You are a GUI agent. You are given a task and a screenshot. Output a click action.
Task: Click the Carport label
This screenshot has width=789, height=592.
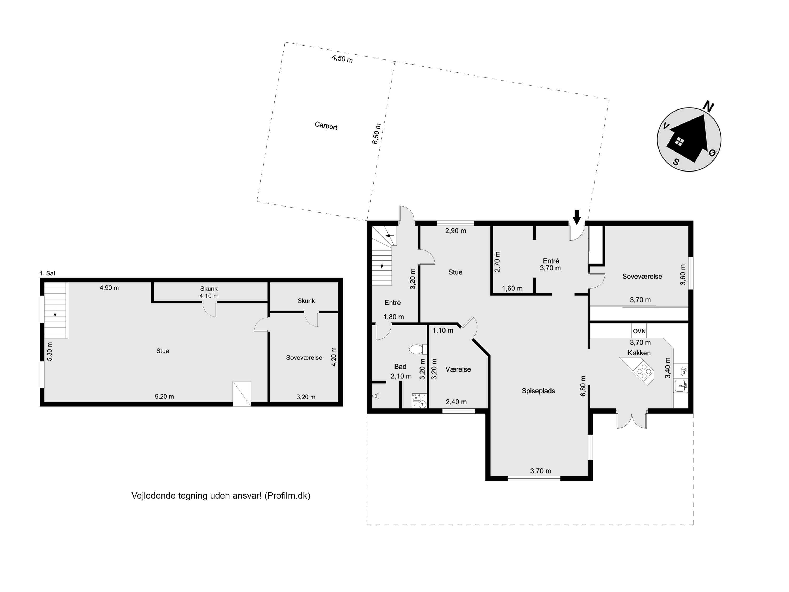(x=326, y=126)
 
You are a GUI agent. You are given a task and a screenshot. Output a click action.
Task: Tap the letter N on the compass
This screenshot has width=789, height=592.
(x=708, y=106)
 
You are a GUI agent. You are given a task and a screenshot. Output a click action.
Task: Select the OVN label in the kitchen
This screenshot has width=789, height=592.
(x=639, y=331)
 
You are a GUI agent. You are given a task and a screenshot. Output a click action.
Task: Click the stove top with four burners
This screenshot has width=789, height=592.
(x=644, y=371)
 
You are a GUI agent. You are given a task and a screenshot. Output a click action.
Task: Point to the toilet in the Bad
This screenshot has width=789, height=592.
(x=416, y=349)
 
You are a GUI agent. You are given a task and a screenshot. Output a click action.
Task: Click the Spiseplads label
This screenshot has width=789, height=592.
(x=538, y=391)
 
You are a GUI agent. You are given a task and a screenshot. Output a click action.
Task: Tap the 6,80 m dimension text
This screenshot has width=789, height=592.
(x=583, y=386)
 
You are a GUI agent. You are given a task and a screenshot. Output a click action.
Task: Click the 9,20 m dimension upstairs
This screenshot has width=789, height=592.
(x=164, y=397)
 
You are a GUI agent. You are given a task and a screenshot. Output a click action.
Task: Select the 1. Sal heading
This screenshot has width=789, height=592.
(x=47, y=273)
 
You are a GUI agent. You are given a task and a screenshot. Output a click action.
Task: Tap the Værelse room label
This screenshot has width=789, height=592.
(x=458, y=369)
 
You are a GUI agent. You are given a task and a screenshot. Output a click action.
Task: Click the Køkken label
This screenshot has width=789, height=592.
(x=639, y=353)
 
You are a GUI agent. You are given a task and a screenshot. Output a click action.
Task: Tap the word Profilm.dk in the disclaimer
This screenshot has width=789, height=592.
(x=287, y=496)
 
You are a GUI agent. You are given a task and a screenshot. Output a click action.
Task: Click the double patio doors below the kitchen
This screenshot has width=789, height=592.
(x=632, y=421)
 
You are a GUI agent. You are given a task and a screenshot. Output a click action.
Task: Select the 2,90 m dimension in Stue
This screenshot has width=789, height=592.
(x=456, y=231)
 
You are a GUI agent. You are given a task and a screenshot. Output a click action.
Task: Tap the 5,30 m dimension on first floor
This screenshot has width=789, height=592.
(x=50, y=352)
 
